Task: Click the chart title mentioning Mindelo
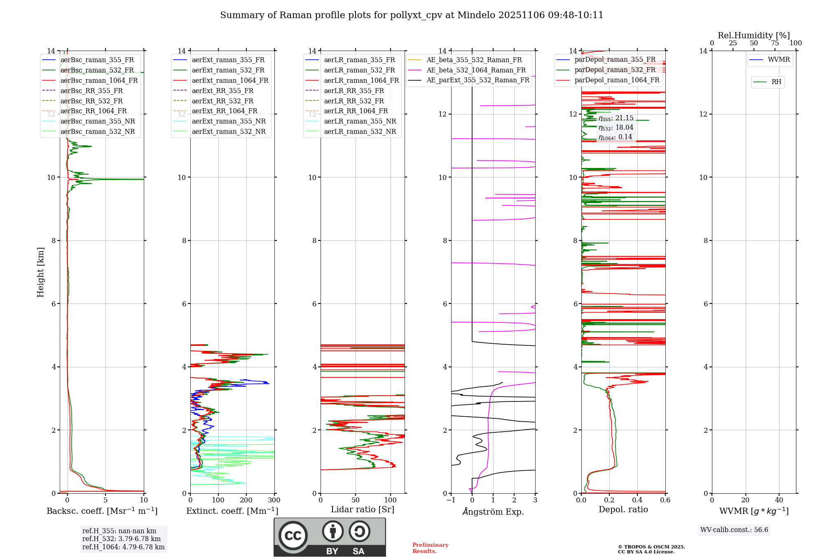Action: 412,15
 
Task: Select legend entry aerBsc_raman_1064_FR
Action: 99,80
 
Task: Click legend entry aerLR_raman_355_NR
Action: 360,121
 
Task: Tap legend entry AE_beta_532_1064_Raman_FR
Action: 476,70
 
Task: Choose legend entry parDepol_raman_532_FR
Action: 615,70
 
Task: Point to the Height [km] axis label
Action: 40,272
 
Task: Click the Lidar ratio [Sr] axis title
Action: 363,509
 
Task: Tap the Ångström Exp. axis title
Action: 493,512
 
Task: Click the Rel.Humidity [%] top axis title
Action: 754,35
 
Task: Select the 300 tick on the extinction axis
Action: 274,500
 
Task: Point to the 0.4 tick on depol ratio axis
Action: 637,500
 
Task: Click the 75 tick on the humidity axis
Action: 775,43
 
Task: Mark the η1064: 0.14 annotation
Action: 615,137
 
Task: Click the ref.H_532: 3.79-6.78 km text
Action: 122,539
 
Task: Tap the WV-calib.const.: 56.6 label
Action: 734,530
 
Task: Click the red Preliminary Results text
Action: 430,548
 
